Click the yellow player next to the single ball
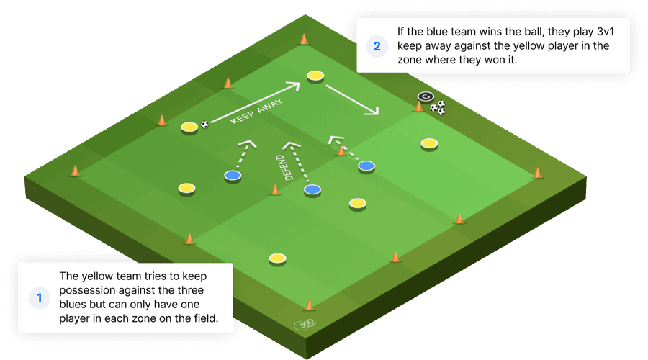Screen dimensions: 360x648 tap(189, 127)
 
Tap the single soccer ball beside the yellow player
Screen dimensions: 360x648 tap(205, 125)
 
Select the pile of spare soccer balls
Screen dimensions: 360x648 tap(438, 108)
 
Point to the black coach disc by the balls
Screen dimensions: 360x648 tap(424, 96)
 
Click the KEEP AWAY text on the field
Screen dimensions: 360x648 tap(256, 112)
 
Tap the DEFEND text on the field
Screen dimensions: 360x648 tap(283, 168)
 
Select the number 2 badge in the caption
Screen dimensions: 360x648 tap(377, 46)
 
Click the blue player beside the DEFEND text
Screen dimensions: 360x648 tap(312, 189)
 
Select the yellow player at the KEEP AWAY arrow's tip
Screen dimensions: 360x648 tap(315, 75)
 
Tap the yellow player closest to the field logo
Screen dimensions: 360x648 tap(276, 258)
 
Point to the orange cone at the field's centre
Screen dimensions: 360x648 tap(275, 189)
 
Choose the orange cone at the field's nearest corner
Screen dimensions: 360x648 tap(310, 305)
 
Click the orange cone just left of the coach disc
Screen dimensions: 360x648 tap(418, 107)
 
